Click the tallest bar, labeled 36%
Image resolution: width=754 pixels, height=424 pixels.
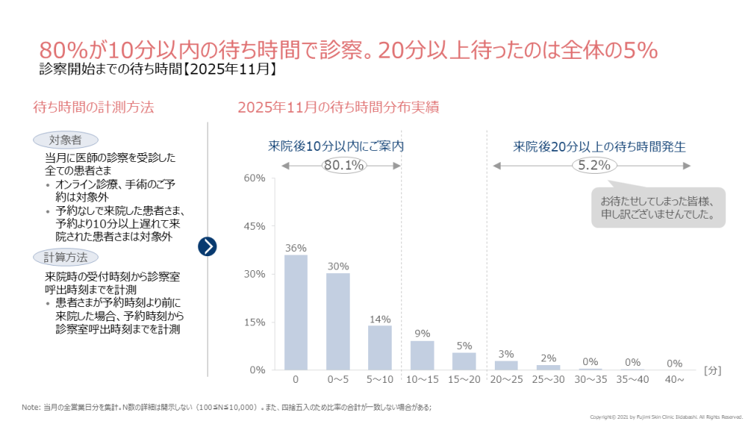tap(296, 312)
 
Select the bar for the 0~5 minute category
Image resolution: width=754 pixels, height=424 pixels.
tap(338, 321)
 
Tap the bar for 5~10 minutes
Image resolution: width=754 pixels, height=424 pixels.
tap(380, 347)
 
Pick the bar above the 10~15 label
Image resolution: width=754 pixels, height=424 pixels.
tap(422, 355)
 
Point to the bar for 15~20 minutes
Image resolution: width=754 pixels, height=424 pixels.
tap(464, 361)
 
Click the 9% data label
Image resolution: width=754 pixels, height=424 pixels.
tap(422, 333)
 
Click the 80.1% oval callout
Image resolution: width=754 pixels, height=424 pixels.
tap(344, 165)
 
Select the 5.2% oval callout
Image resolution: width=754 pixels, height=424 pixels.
tap(594, 165)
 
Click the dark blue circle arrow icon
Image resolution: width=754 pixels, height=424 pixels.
tap(208, 246)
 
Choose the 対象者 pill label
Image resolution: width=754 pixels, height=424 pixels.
tap(66, 140)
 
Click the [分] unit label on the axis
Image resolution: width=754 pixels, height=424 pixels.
tap(713, 370)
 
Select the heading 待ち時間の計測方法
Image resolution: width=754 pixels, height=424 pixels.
tap(94, 107)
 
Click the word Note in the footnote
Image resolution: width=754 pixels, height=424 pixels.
tap(30, 406)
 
